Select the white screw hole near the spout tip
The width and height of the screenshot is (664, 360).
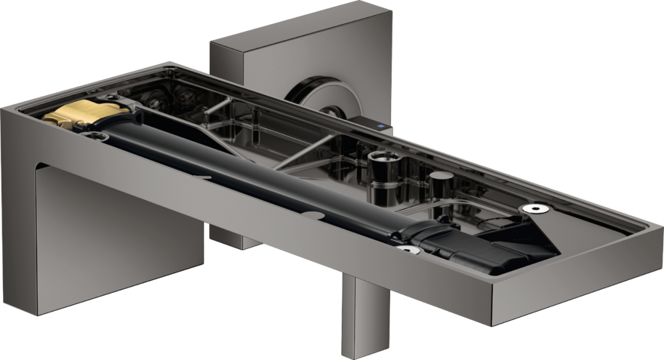pyautogui.click(x=536, y=208)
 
